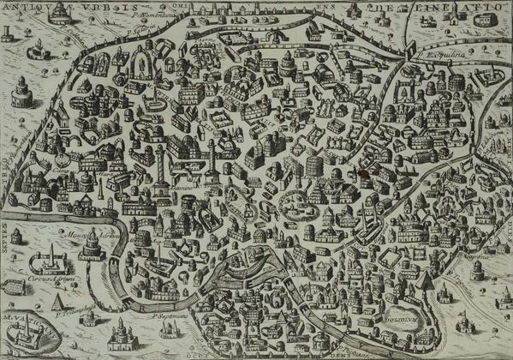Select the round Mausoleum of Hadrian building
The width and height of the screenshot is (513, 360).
point(92,249)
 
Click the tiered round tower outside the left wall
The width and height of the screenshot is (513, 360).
point(21,91)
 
